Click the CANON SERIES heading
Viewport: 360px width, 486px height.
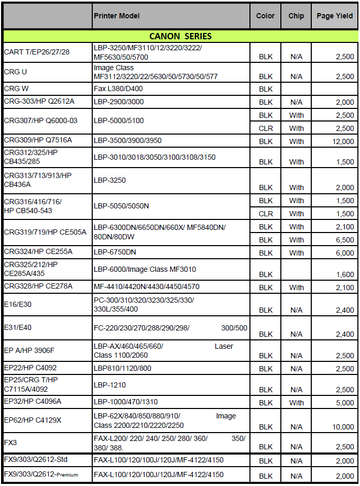[x=180, y=36]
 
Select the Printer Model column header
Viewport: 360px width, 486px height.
[x=117, y=16]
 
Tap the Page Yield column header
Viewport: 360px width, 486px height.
[x=334, y=16]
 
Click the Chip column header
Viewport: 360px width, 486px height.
[x=296, y=16]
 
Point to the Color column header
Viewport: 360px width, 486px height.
[x=265, y=16]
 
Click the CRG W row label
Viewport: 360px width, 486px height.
[x=16, y=89]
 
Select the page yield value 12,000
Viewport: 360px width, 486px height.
[x=343, y=141]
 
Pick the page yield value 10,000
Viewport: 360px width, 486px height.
[x=343, y=427]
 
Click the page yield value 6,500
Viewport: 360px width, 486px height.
[x=345, y=240]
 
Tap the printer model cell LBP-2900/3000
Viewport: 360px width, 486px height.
[x=118, y=102]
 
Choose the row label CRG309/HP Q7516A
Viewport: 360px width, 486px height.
[x=38, y=140]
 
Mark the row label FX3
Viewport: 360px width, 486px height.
[x=10, y=443]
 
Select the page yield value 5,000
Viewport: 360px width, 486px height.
[x=345, y=403]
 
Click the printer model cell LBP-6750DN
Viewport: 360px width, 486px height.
[x=115, y=252]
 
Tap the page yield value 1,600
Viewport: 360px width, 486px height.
[x=345, y=274]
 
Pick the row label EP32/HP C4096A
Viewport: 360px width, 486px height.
[x=32, y=401]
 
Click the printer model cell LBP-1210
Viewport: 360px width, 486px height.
[x=110, y=385]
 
